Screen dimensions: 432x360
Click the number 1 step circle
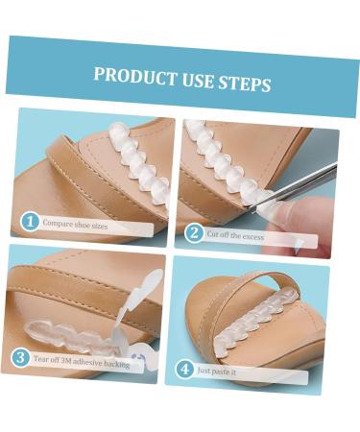pos(32,223)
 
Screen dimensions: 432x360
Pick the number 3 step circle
pos(20,357)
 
